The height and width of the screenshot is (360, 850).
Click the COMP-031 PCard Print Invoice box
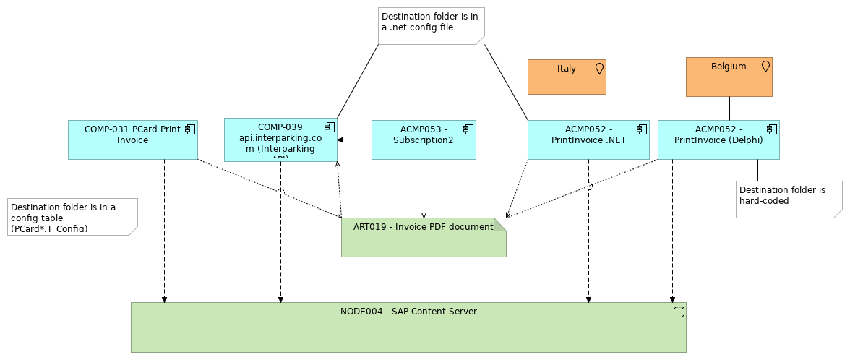pyautogui.click(x=132, y=140)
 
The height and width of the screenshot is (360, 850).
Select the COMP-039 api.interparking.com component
pyautogui.click(x=280, y=140)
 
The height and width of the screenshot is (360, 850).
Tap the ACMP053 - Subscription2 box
pyautogui.click(x=424, y=140)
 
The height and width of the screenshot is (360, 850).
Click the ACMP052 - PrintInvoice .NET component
pyautogui.click(x=588, y=140)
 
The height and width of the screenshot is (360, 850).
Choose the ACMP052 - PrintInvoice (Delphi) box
pyautogui.click(x=718, y=140)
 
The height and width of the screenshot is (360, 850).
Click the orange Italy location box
pyautogui.click(x=567, y=77)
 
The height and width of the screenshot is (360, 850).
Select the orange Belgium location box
pyautogui.click(x=729, y=77)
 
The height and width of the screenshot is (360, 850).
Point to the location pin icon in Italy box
pyautogui.click(x=599, y=69)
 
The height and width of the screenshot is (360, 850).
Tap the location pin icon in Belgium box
pyautogui.click(x=765, y=67)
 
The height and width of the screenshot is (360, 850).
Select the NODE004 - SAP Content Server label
pyautogui.click(x=408, y=312)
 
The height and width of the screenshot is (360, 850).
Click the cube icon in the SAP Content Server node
pyautogui.click(x=678, y=312)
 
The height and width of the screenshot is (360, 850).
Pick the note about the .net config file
pyautogui.click(x=431, y=26)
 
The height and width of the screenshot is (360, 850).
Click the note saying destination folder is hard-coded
pyautogui.click(x=789, y=199)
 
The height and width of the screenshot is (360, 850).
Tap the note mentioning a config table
pyautogui.click(x=72, y=216)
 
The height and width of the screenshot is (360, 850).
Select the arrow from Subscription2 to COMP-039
pyautogui.click(x=355, y=140)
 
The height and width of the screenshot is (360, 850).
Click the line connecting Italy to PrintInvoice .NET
pyautogui.click(x=567, y=107)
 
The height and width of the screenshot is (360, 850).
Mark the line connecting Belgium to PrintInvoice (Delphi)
pyautogui.click(x=729, y=108)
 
